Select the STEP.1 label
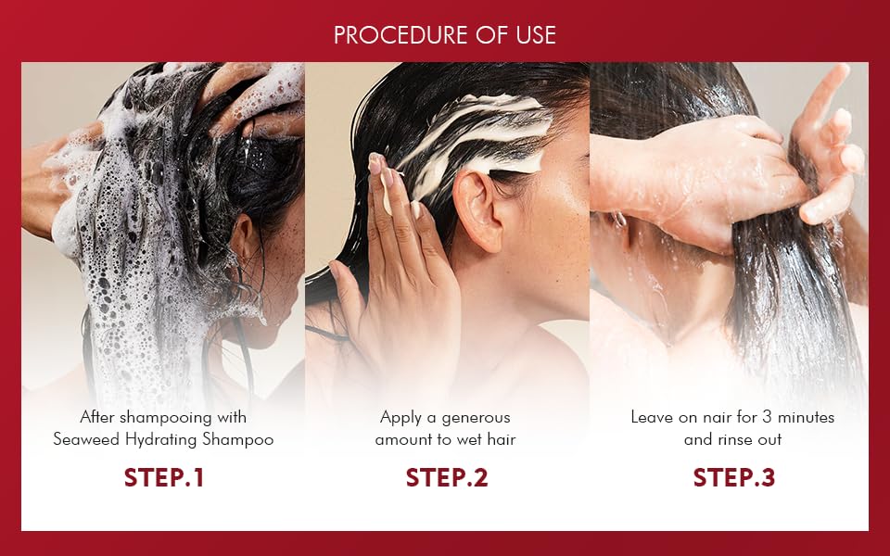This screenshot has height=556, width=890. [x=163, y=478]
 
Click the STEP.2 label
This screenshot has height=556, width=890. [x=447, y=478]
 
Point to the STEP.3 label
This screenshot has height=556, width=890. [x=734, y=478]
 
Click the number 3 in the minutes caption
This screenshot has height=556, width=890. [x=767, y=418]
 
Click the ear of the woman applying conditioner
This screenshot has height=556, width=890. [x=478, y=211]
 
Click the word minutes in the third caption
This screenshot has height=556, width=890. [x=806, y=418]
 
